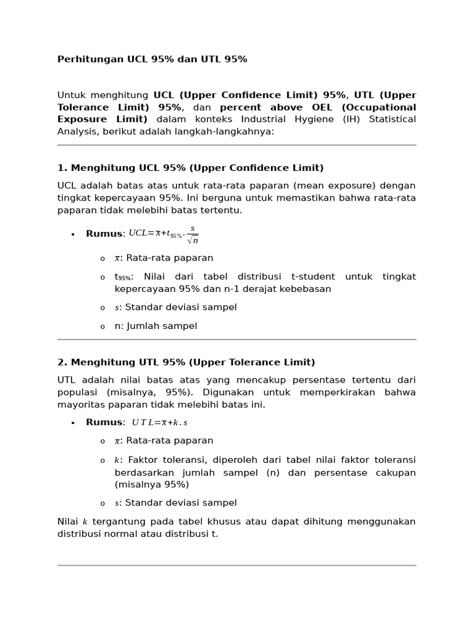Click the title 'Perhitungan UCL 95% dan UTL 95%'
(152, 59)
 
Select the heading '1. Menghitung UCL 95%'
(190, 168)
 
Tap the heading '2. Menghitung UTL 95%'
(186, 362)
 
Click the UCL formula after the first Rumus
(164, 234)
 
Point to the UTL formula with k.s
(159, 423)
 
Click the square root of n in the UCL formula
(193, 241)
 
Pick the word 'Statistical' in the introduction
(392, 119)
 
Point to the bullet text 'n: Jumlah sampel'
(156, 326)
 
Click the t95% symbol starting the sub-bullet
(123, 277)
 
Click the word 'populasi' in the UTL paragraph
(78, 393)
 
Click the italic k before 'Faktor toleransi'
(117, 460)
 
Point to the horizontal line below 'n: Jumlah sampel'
(237, 339)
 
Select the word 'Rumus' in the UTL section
(104, 422)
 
